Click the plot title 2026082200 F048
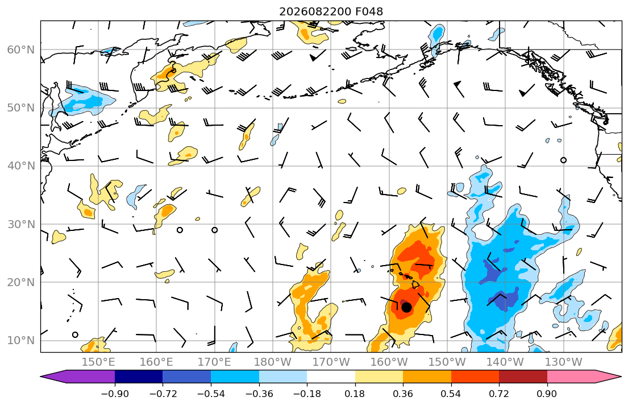331,11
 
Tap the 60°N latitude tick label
21,49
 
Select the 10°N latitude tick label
21,341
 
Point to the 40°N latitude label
21,166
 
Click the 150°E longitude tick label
98,362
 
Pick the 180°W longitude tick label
273,362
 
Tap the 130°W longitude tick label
564,362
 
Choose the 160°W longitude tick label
389,362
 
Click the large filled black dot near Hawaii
406,308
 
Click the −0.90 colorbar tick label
115,394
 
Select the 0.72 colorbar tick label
499,394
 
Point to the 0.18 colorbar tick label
355,394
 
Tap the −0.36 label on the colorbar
259,394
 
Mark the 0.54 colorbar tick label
451,394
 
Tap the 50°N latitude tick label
21,108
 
